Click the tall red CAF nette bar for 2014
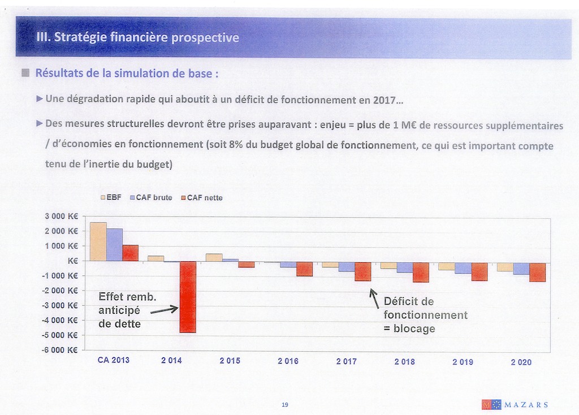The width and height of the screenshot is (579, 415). [x=188, y=297]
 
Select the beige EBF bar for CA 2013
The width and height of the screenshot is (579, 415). [x=98, y=241]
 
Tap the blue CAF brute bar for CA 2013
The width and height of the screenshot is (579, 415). [x=114, y=244]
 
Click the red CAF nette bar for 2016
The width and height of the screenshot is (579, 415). [x=304, y=269]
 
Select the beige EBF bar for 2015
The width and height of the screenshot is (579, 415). [x=214, y=257]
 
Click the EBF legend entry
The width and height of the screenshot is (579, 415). [x=110, y=197]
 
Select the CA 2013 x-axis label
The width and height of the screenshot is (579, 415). [x=113, y=360]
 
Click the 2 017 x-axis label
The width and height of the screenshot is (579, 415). [x=346, y=361]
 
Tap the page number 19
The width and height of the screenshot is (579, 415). [x=284, y=404]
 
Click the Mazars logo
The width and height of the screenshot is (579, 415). [x=515, y=404]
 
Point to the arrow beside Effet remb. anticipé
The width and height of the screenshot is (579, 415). [x=165, y=309]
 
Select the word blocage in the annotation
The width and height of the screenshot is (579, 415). [x=414, y=329]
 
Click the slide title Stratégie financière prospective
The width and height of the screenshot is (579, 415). [x=137, y=38]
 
